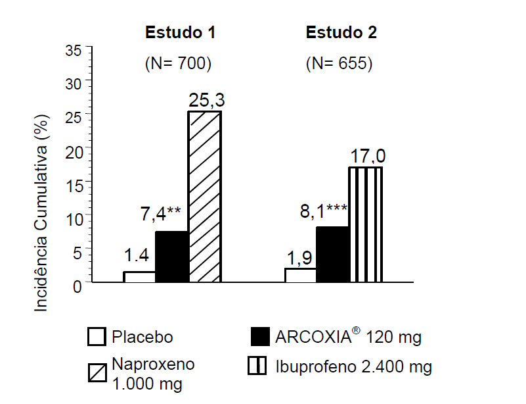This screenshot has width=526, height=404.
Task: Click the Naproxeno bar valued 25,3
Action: [205, 197]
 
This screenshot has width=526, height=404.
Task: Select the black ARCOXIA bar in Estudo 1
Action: [172, 257]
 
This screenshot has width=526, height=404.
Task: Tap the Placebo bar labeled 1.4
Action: [140, 277]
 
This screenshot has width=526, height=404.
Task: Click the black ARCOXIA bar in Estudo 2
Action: [333, 255]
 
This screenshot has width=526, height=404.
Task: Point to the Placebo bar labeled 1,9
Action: [301, 275]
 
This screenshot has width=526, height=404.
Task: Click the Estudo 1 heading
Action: [180, 33]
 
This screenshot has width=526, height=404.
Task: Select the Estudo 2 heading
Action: [341, 33]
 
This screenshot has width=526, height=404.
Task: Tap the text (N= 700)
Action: [177, 64]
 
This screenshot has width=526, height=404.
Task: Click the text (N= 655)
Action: [340, 64]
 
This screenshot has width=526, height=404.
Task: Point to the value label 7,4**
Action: [160, 213]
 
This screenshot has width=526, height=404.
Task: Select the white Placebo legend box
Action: [97, 338]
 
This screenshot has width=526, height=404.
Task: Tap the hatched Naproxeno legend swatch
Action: [97, 373]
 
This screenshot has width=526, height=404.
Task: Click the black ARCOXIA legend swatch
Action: [260, 338]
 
